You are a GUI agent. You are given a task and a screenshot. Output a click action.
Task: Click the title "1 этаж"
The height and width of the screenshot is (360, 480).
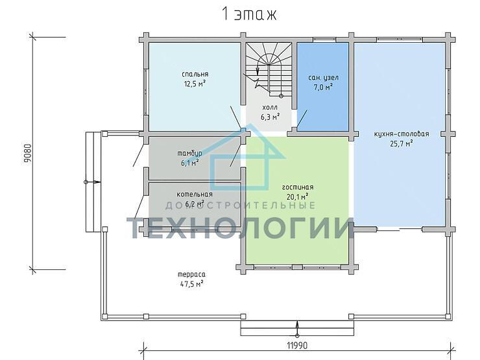(x=249, y=14)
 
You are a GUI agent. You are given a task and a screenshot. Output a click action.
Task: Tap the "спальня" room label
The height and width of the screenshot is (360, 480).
(x=195, y=74)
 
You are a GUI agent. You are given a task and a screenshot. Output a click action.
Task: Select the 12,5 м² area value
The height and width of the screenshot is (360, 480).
(x=195, y=83)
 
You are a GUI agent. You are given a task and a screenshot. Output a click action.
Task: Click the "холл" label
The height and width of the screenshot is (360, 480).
(x=270, y=107)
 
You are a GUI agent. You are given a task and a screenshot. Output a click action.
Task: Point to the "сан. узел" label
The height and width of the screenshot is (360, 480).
(x=323, y=78)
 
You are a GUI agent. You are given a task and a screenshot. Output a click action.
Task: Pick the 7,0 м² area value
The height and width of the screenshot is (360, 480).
(x=323, y=88)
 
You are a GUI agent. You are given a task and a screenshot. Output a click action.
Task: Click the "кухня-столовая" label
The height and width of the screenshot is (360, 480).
(x=402, y=134)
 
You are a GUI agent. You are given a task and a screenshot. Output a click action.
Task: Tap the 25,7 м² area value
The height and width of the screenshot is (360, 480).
(x=402, y=143)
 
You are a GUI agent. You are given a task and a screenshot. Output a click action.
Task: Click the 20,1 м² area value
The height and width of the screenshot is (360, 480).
(x=298, y=197)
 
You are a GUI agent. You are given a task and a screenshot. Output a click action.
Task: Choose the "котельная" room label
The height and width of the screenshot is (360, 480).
(x=195, y=194)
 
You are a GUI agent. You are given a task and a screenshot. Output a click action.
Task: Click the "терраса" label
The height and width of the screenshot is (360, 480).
(x=191, y=274)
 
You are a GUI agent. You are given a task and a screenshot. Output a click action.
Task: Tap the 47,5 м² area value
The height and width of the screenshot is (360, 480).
(x=191, y=284)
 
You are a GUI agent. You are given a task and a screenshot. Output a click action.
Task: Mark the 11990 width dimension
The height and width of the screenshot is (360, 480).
(x=297, y=346)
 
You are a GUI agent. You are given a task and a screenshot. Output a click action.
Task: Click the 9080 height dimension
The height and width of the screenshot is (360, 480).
(x=27, y=153)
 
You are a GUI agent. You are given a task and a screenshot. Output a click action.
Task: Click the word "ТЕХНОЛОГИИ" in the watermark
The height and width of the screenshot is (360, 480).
(x=240, y=228)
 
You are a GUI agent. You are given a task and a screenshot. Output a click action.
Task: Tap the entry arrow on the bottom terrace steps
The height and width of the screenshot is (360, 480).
(x=297, y=328)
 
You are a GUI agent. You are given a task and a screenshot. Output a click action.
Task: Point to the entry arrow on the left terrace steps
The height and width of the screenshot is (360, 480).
(x=92, y=182)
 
